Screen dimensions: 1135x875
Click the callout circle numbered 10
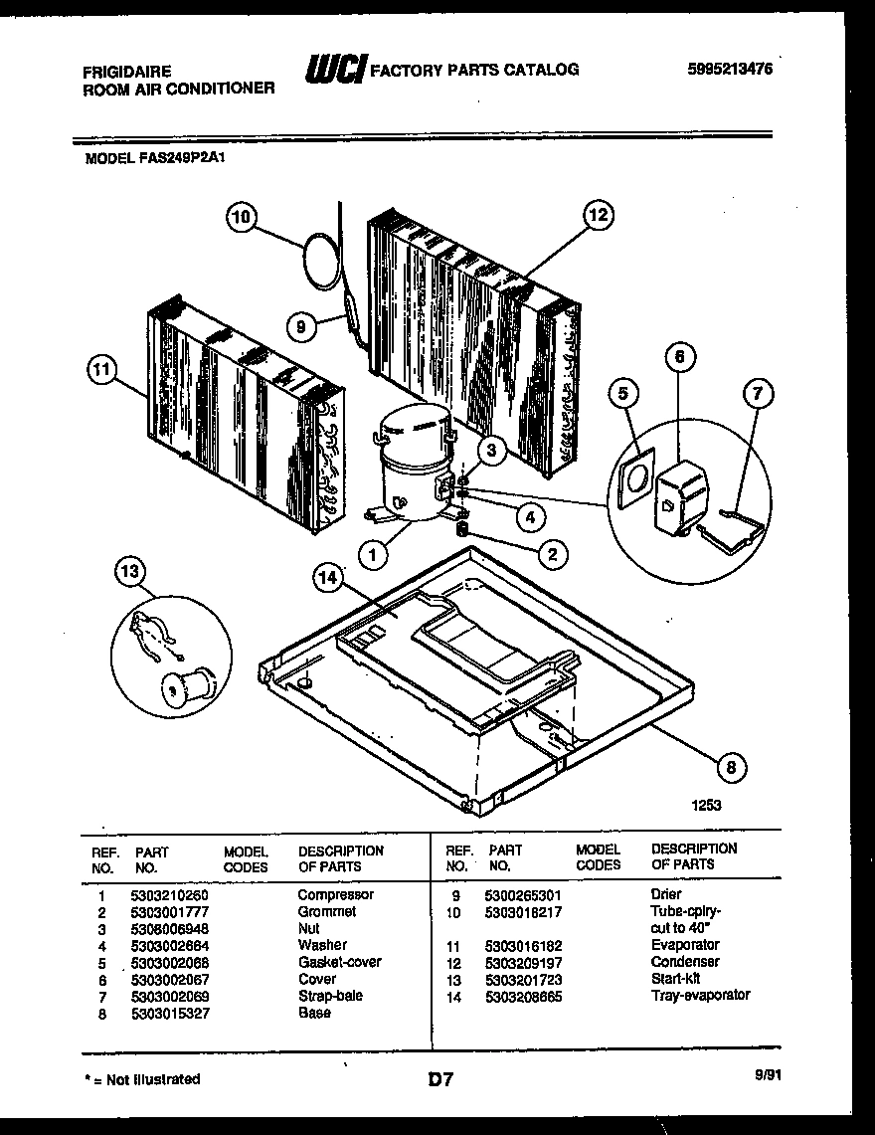coord(243,216)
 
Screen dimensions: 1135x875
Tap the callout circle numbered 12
coord(597,214)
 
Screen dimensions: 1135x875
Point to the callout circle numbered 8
coord(732,766)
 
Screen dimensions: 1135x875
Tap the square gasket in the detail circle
coord(633,480)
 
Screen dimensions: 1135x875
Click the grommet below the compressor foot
coord(463,532)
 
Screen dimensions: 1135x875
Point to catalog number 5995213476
coord(729,69)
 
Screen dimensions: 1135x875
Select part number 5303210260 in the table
coord(170,894)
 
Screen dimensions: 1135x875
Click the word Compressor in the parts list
coord(335,894)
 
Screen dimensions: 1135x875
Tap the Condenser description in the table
coord(685,962)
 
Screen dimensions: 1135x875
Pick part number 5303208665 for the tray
coord(523,996)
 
